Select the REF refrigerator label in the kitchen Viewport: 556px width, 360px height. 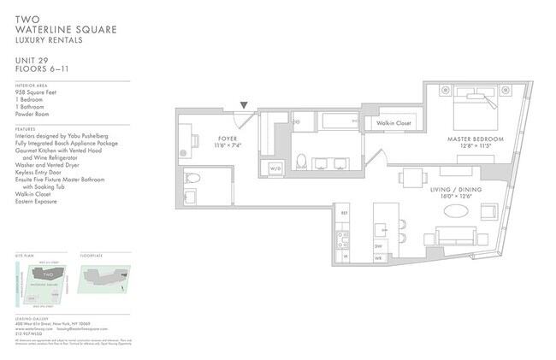(344, 213)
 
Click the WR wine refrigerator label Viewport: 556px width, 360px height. (377, 256)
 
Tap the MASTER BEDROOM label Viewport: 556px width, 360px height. (475, 139)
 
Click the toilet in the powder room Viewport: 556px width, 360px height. (193, 179)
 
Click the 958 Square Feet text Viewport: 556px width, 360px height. (38, 93)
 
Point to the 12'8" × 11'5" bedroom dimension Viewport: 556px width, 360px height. (475, 147)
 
